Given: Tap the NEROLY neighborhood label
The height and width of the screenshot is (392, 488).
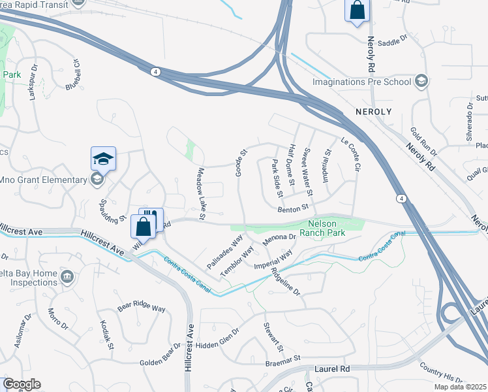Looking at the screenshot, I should pos(374,112).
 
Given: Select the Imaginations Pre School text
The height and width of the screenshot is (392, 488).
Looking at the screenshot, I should pos(361,82).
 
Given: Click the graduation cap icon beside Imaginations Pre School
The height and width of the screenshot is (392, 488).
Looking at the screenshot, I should pos(421,82).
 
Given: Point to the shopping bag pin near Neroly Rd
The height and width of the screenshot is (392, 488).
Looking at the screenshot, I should pos(357,10).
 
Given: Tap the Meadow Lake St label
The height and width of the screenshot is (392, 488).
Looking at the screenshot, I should pos(201,193).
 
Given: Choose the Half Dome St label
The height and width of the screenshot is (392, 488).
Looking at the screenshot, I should pos(293,164).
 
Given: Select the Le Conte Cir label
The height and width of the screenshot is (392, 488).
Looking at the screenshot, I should pos(350,154).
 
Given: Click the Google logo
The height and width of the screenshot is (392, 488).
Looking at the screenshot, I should pos(22,384).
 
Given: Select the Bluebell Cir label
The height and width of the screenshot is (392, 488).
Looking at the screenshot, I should pos(72,75).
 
